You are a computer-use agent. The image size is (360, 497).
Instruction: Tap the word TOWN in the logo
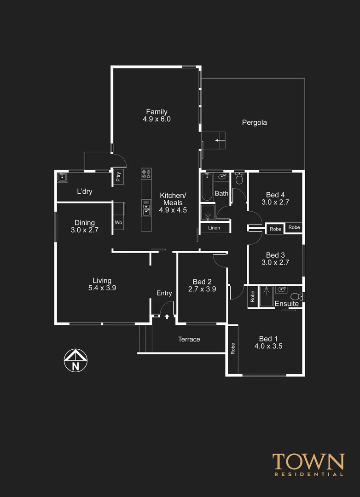click(x=308, y=462)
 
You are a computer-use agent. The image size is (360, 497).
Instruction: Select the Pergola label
click(x=254, y=122)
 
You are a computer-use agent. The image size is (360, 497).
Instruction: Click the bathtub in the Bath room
click(x=207, y=186)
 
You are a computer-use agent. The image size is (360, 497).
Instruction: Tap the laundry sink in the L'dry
click(x=63, y=177)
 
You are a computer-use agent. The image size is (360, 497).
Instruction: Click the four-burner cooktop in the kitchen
click(x=146, y=174)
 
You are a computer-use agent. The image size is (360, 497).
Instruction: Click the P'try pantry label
click(x=118, y=177)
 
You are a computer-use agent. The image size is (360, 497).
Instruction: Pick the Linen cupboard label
click(x=214, y=228)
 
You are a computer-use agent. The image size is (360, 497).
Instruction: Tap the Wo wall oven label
click(x=118, y=223)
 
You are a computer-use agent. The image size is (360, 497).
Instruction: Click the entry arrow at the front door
click(x=167, y=316)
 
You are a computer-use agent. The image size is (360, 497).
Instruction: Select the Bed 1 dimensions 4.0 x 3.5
click(x=268, y=346)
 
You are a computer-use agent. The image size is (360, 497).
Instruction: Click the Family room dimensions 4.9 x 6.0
click(x=157, y=119)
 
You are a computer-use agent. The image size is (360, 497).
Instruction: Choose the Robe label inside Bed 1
click(x=232, y=348)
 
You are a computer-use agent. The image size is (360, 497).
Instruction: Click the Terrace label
click(x=189, y=339)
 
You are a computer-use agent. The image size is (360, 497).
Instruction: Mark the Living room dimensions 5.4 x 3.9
click(x=102, y=288)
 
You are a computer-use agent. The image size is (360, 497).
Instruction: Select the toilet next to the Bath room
click(x=239, y=179)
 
